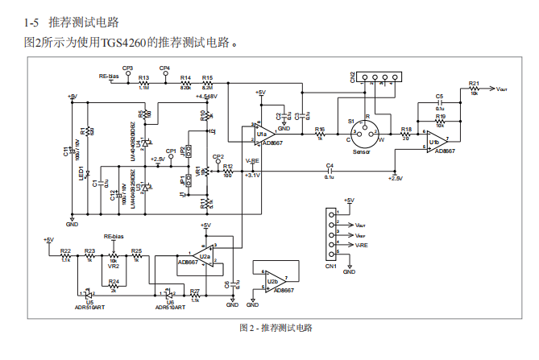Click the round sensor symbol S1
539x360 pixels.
[x=367, y=130]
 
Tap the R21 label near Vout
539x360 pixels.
[x=474, y=83]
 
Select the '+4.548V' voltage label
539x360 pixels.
[x=206, y=96]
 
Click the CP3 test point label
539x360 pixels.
[x=127, y=68]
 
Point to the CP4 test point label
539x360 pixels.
[x=164, y=68]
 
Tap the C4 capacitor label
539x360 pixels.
[x=329, y=165]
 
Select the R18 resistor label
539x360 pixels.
[x=405, y=130]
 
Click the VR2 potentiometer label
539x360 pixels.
[x=114, y=267]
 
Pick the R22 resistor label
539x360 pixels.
[x=65, y=251]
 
